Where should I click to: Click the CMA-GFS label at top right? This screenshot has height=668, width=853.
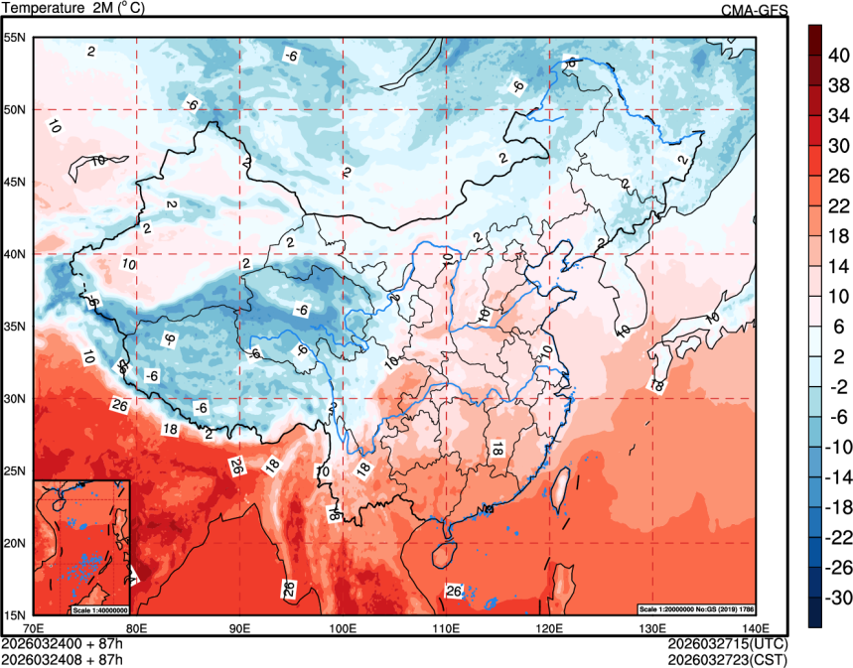(754, 10)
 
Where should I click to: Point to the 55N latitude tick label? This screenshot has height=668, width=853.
(16, 38)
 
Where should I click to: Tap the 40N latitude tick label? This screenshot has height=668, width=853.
(16, 254)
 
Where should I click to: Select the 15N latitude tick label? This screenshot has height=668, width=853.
(16, 614)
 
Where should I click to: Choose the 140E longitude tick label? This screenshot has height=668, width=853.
(756, 627)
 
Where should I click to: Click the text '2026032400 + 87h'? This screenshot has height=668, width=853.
(63, 643)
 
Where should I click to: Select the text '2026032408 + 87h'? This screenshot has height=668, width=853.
(63, 658)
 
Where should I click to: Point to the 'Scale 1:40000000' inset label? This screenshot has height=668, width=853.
(99, 608)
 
